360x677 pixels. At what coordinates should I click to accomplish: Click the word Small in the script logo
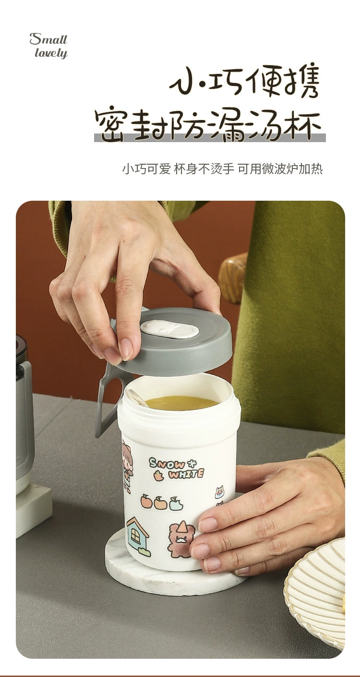pyautogui.click(x=48, y=39)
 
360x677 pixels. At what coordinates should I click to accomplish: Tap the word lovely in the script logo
pyautogui.click(x=51, y=53)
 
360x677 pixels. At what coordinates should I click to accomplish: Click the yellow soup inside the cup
pyautogui.click(x=181, y=402)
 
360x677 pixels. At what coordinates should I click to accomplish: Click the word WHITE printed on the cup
pyautogui.click(x=186, y=473)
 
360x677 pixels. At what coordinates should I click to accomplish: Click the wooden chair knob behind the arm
pyautogui.click(x=233, y=278)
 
